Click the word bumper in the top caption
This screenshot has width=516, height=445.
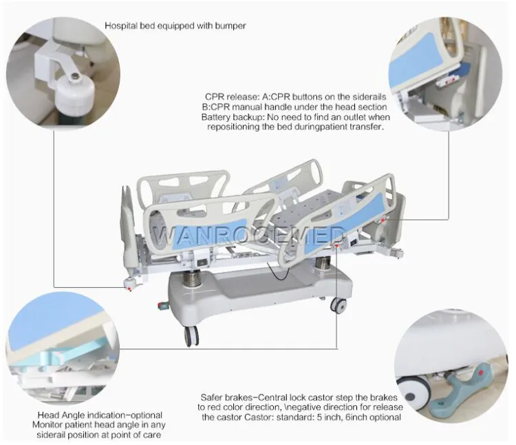tap(230, 25)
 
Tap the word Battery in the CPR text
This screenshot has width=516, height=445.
tap(213, 117)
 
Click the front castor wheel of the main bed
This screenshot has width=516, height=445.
tap(191, 336)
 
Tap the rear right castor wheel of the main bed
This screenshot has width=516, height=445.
tap(338, 306)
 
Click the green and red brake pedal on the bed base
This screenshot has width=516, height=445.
tap(163, 305)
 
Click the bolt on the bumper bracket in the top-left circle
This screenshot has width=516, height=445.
tap(76, 76)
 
